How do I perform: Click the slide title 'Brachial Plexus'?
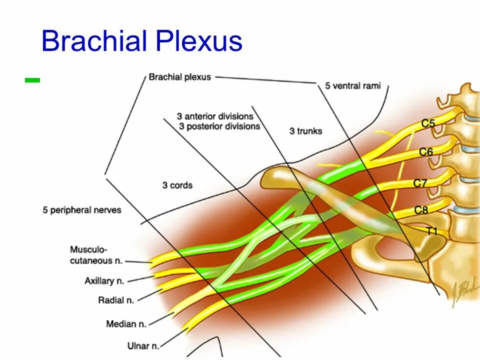tap(141, 41)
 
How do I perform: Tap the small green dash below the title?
tap(32, 79)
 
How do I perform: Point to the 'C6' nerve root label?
tap(425, 151)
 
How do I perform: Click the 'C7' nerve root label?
tap(420, 183)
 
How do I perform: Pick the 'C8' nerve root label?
tap(421, 210)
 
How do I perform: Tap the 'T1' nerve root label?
tap(431, 230)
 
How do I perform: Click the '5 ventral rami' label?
tap(352, 86)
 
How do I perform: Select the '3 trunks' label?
tap(305, 131)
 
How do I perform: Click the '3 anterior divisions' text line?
tap(215, 116)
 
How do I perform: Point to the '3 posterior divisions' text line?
tap(219, 126)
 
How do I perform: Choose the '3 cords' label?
tap(177, 185)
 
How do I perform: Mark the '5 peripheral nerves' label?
tap(82, 210)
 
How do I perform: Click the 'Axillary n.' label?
tap(104, 281)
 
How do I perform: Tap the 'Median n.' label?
tap(126, 324)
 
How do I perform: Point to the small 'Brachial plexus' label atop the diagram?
tap(179, 77)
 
